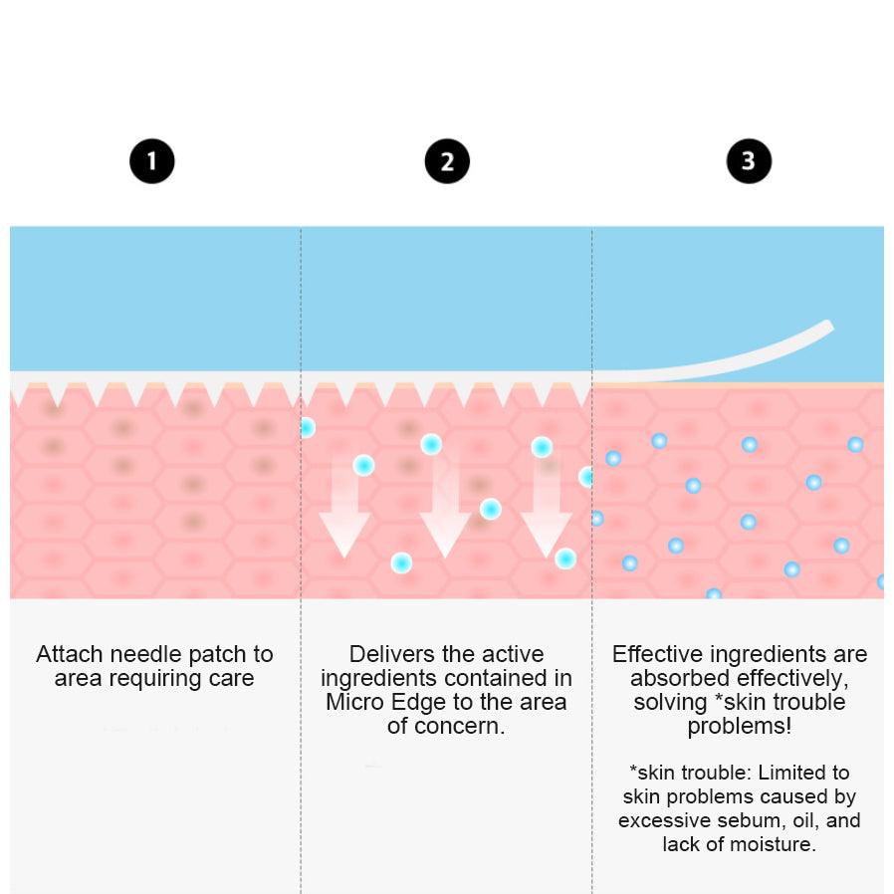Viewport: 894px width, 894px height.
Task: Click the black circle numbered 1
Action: click(151, 161)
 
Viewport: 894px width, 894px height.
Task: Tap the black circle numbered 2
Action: click(447, 161)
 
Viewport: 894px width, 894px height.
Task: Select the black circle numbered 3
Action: click(749, 161)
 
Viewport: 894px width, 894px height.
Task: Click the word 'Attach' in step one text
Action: click(70, 654)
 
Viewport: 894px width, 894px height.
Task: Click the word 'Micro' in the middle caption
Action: click(354, 702)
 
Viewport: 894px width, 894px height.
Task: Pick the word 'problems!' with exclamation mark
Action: click(739, 727)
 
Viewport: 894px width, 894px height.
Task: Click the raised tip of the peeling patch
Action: click(829, 326)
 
